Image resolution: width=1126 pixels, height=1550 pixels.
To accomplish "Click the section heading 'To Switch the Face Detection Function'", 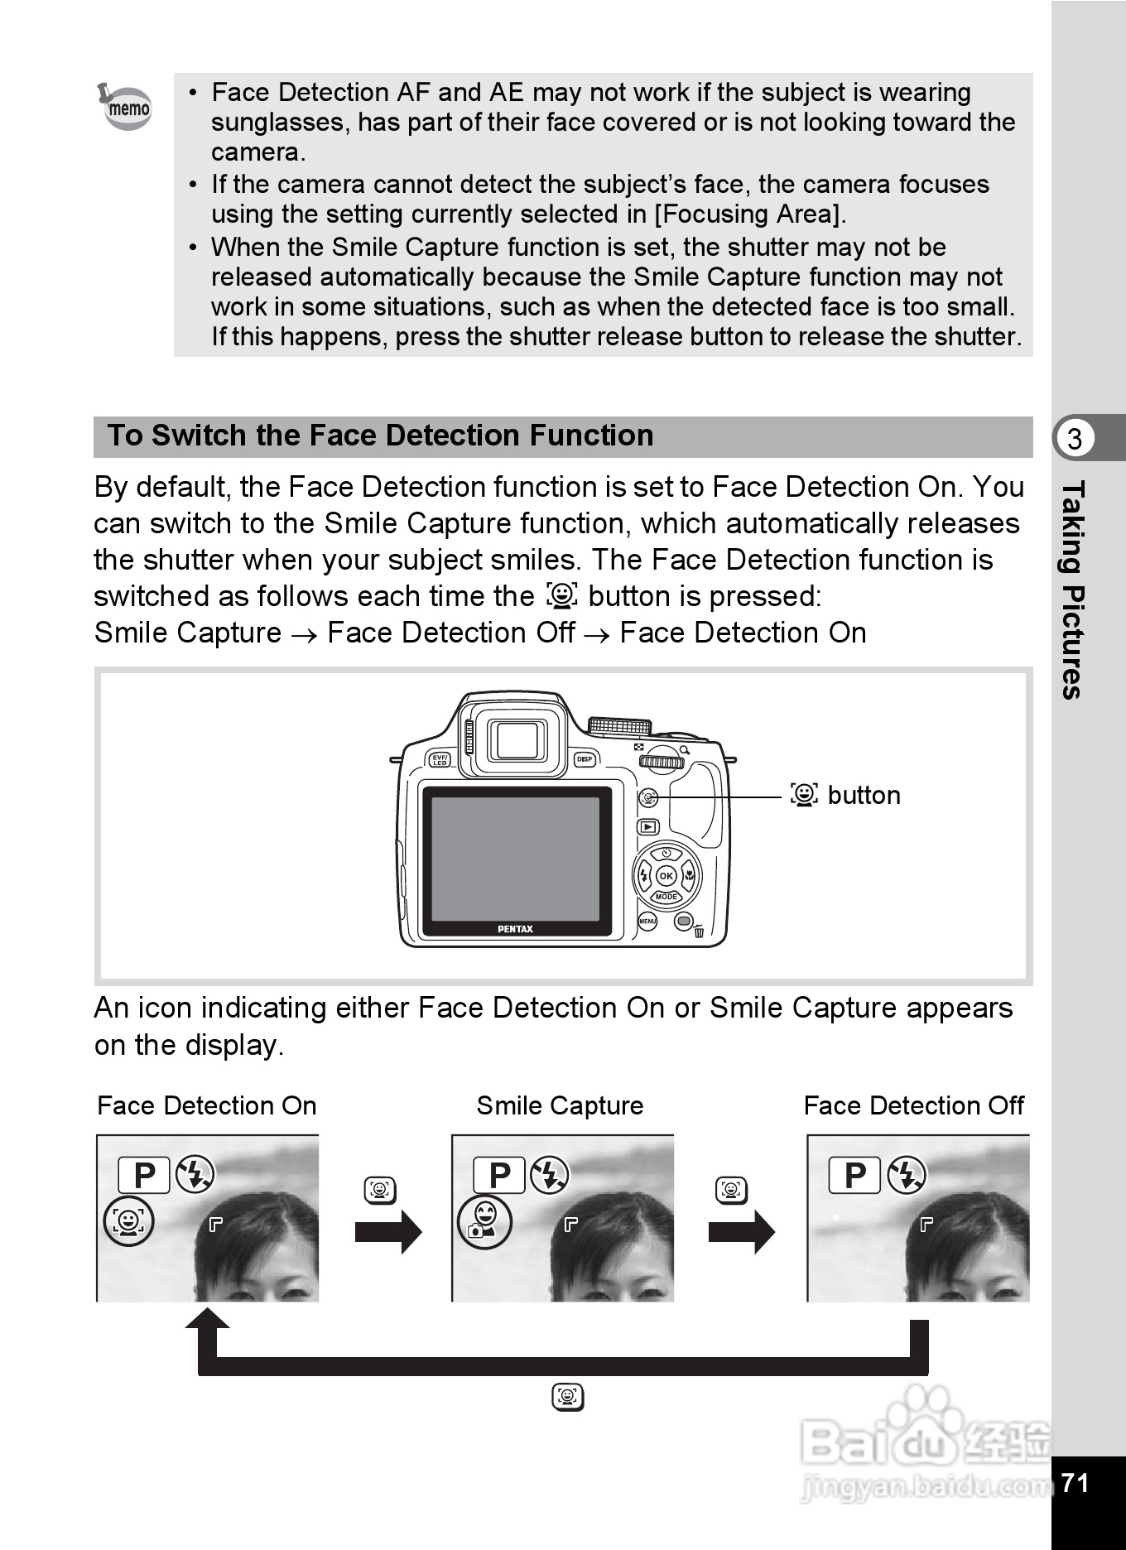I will coord(380,436).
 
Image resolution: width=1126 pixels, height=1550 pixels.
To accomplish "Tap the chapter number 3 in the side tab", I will coord(1074,438).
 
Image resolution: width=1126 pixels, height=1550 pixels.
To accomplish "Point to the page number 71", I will coord(1075,1482).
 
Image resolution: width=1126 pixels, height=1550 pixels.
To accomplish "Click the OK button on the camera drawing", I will coord(666,876).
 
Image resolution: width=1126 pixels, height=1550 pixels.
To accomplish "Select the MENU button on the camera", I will coord(647,921).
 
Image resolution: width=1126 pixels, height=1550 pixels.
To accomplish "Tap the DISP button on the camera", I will coord(585,759).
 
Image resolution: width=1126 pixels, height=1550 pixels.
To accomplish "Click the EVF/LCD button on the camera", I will coord(440,759).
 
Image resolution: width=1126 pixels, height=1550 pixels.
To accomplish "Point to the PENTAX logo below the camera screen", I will coord(515,929).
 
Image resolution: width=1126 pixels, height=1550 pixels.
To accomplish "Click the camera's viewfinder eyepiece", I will coord(518,739).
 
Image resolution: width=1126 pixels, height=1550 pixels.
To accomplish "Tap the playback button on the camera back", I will coord(647,826).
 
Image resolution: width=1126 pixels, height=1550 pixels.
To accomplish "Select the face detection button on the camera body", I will coord(648,797).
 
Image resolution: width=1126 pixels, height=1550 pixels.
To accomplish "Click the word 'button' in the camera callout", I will coord(864,795).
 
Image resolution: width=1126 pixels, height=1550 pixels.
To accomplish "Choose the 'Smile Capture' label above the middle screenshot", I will coord(560,1106).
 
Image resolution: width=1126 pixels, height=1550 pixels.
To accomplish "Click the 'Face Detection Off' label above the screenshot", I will coord(913,1106).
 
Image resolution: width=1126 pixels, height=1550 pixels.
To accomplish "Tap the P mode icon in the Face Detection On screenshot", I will coord(144,1175).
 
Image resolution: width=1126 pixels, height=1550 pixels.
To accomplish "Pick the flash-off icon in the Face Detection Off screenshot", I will coord(907,1175).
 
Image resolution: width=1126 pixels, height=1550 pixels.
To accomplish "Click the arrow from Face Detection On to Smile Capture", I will coord(387,1232).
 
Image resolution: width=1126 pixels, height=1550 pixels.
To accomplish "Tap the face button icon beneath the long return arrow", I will coord(568,1398).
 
